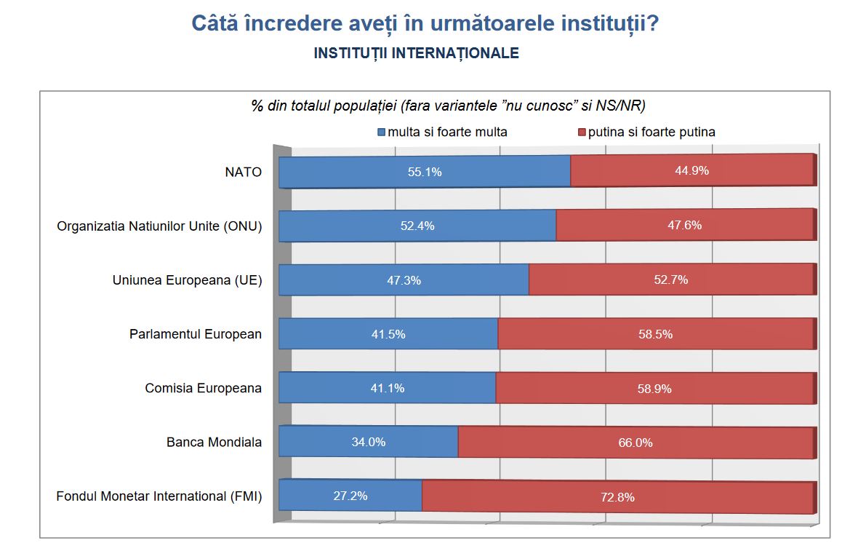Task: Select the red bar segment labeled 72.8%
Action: tap(617, 497)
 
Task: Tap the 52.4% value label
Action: tap(417, 226)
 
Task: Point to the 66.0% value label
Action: tap(635, 442)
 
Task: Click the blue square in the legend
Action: tap(380, 132)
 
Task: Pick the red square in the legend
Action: tap(581, 132)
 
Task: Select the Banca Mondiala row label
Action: tap(214, 442)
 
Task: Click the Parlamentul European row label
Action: tap(196, 334)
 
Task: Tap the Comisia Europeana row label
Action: tap(203, 388)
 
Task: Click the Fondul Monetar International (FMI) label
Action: tap(159, 496)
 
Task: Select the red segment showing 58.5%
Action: tap(654, 334)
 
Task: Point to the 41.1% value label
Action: tap(388, 388)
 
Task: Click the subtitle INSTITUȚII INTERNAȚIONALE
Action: tap(416, 53)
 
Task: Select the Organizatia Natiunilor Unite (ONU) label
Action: tap(159, 226)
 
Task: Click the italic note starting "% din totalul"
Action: tap(449, 106)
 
